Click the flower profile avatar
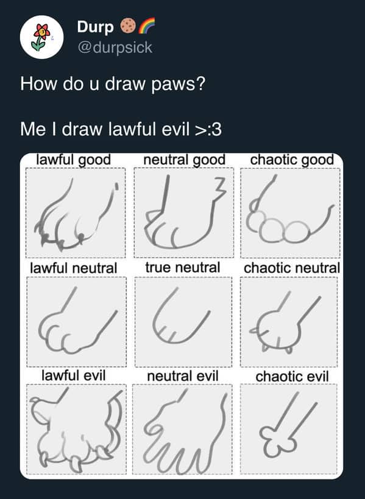[x=41, y=37]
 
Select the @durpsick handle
[x=115, y=47]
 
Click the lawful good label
[x=74, y=160]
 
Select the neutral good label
[x=183, y=160]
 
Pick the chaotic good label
[x=292, y=160]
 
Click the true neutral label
[x=183, y=268]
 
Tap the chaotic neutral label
[x=292, y=268]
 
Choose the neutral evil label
[x=183, y=376]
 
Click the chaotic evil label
[x=292, y=377]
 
